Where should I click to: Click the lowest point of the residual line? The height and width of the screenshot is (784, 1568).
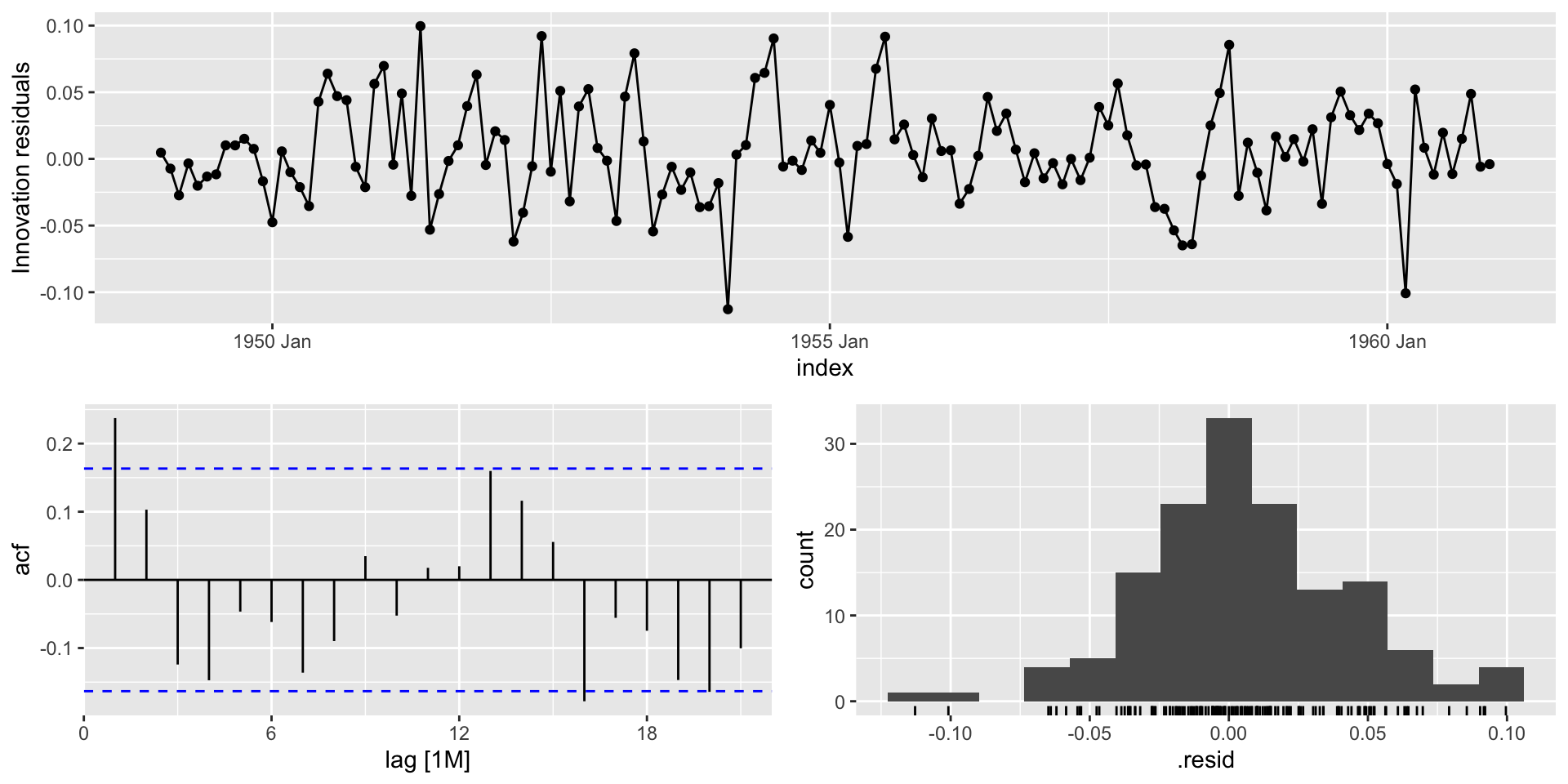(x=728, y=310)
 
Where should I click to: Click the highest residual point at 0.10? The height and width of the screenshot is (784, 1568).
(x=421, y=26)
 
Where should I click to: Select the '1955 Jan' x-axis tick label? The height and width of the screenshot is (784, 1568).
(x=830, y=341)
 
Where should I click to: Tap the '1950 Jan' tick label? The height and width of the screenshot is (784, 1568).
(x=272, y=341)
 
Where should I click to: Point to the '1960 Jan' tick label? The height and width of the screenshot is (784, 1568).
(x=1388, y=341)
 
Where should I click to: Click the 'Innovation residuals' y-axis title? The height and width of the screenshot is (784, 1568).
(x=22, y=167)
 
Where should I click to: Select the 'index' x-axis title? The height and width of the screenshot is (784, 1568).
(x=825, y=368)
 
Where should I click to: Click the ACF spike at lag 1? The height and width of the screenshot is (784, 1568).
(x=115, y=498)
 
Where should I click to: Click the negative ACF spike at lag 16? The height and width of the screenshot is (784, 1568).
(x=585, y=640)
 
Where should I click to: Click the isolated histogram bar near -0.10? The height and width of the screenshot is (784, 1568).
(x=933, y=697)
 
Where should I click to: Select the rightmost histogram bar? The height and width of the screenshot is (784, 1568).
(x=1501, y=684)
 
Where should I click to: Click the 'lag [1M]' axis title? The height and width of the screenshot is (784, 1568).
(x=427, y=761)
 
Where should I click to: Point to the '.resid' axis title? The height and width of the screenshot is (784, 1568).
(x=1205, y=761)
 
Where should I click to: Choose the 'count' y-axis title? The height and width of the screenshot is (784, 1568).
(x=806, y=560)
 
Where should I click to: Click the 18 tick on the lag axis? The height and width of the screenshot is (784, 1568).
(x=646, y=733)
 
